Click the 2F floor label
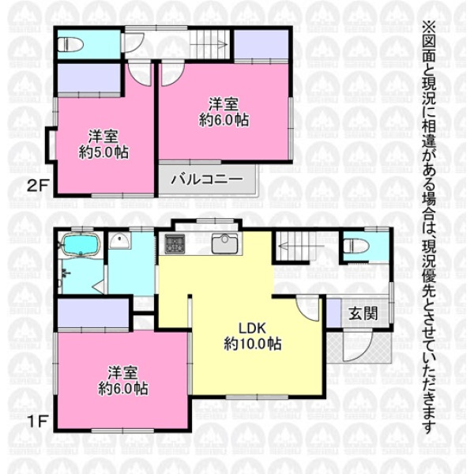click(37, 186)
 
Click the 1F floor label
click(37, 422)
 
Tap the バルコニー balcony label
click(207, 179)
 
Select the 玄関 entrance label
click(363, 314)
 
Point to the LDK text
click(252, 328)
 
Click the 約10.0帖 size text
click(253, 344)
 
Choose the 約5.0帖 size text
click(103, 152)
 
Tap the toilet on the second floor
click(70, 45)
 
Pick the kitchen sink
click(224, 243)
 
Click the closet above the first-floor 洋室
click(93, 313)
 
